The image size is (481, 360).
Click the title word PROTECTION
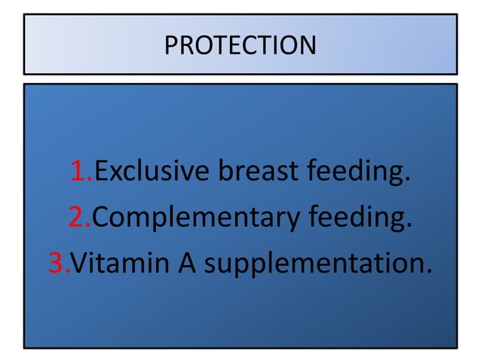coord(240,45)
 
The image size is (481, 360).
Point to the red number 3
coord(57,264)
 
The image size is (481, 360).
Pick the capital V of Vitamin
coord(79,264)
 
